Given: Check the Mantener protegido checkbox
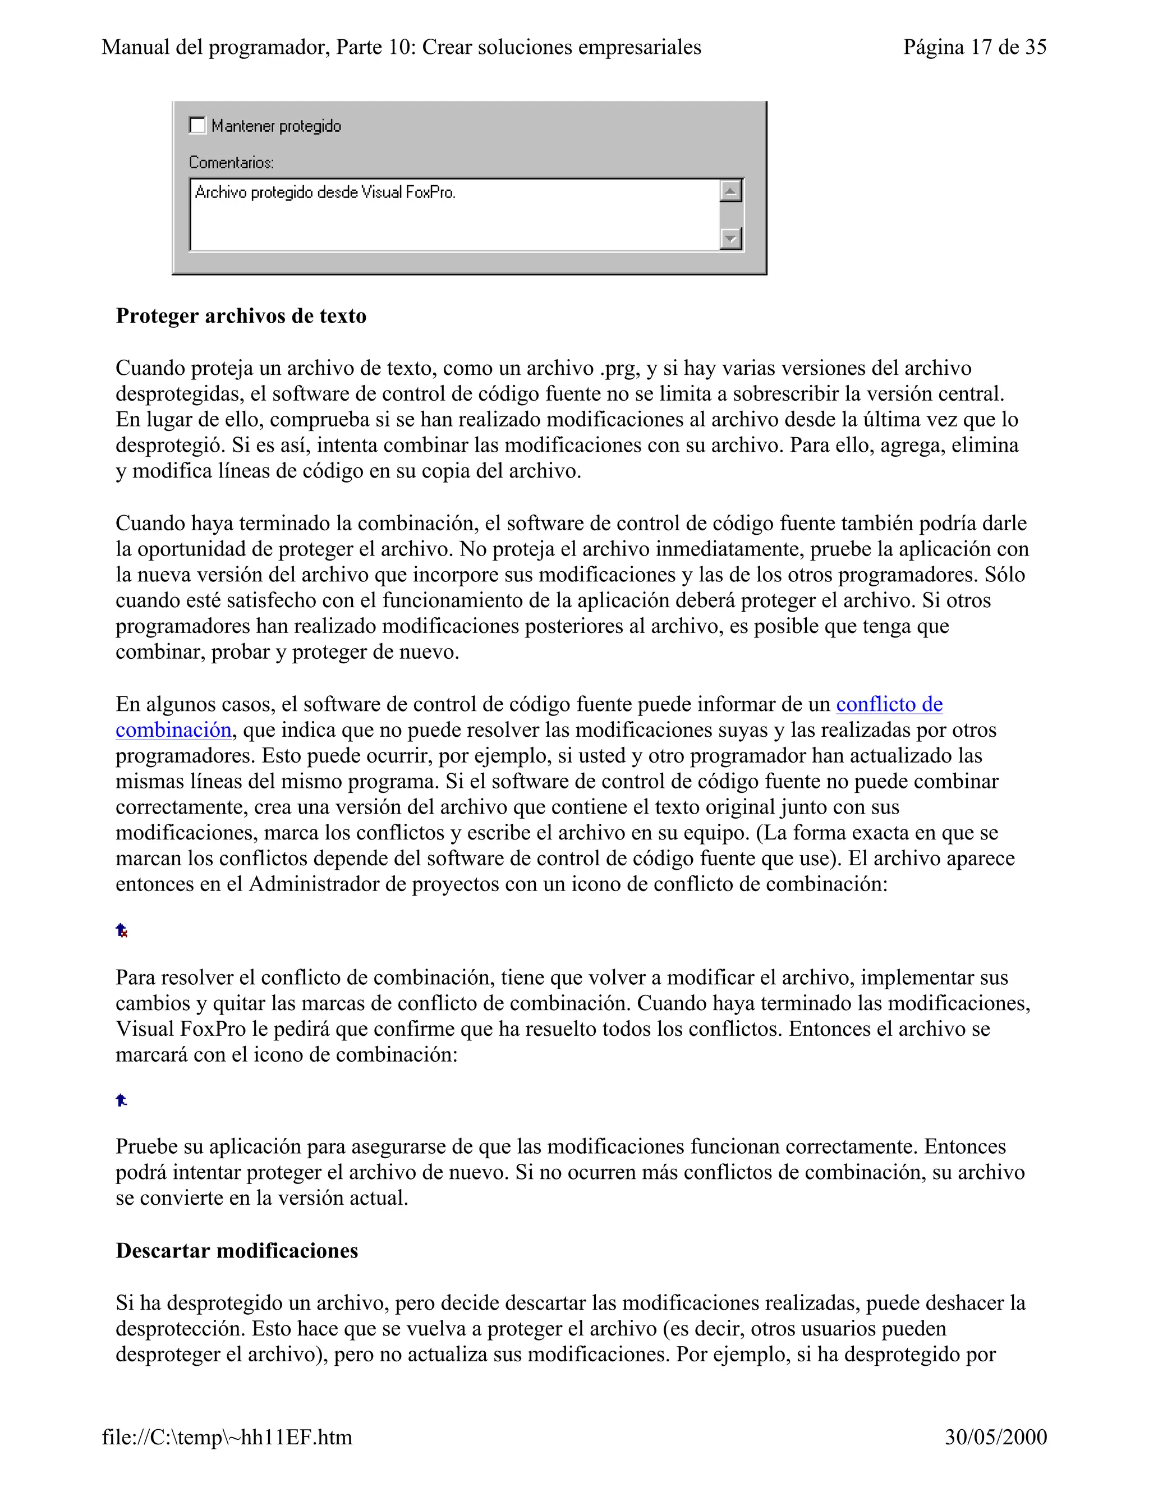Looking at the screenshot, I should tap(197, 126).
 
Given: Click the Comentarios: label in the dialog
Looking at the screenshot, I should tap(232, 163).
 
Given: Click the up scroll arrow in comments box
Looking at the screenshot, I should tap(730, 191).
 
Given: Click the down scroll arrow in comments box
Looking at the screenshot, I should tap(730, 239).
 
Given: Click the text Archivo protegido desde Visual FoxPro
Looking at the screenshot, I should tap(325, 192).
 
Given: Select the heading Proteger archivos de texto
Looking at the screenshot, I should tap(241, 316).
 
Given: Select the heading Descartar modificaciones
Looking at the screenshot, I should tap(237, 1251).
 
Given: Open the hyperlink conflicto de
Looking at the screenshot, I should tap(889, 704).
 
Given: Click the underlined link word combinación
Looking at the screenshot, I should tap(173, 730).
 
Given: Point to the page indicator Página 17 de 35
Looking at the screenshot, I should tap(974, 47).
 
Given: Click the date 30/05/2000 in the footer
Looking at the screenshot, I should tap(995, 1437).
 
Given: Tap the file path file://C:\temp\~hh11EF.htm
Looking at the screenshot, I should tap(227, 1437).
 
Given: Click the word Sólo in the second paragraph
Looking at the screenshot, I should tap(1005, 575).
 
